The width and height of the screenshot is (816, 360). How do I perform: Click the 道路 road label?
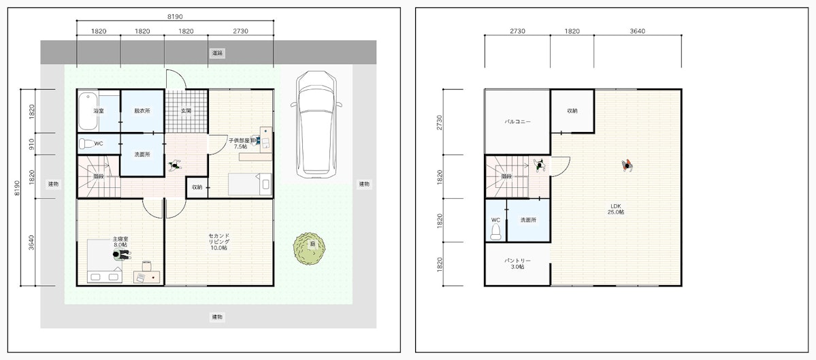(x=218, y=53)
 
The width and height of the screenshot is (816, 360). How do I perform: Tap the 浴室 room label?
(x=99, y=111)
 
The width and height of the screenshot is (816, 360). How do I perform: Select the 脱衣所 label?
(x=142, y=111)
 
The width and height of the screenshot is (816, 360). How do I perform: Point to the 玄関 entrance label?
(x=186, y=111)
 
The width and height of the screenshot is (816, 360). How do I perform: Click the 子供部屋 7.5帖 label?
(x=240, y=144)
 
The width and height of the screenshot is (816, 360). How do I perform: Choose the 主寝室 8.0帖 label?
(x=120, y=242)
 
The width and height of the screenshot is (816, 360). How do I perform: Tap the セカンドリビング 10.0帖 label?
(x=219, y=242)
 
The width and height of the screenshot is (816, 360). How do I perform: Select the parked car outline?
(x=316, y=125)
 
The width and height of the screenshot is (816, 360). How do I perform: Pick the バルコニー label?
(x=517, y=121)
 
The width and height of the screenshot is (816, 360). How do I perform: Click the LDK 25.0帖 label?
(x=617, y=209)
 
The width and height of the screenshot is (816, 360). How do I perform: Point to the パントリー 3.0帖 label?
(x=517, y=263)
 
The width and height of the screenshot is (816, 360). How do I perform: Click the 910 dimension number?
(x=32, y=144)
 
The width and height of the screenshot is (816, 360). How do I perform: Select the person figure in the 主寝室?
(x=122, y=255)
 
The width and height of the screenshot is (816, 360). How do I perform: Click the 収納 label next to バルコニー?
(x=572, y=111)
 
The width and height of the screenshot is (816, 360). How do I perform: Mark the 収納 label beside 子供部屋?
(x=197, y=187)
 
